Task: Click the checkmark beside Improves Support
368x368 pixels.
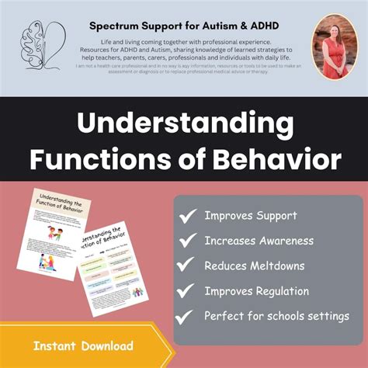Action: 187,217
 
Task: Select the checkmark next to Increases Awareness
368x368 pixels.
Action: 187,241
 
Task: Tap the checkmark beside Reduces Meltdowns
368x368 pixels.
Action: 187,267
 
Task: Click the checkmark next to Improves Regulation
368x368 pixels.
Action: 187,293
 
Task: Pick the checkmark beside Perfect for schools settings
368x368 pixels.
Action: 187,318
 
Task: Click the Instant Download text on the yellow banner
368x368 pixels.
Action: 83,345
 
